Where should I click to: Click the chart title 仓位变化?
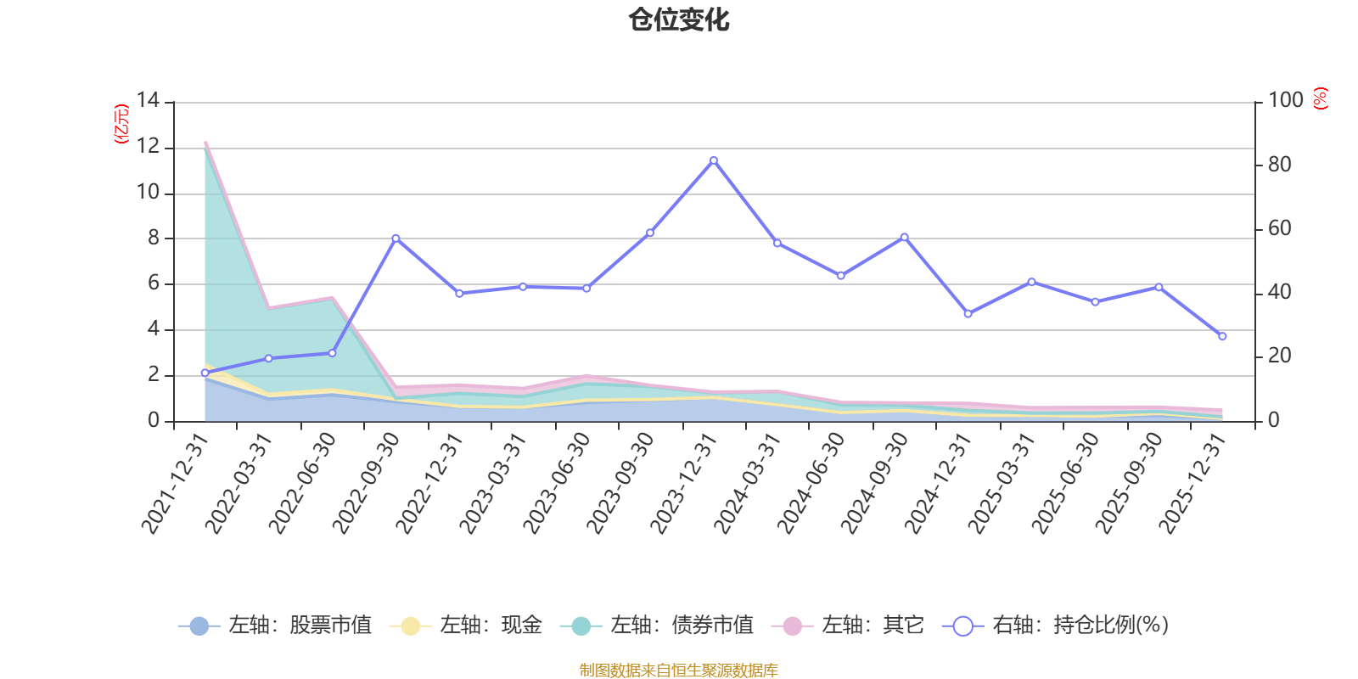(678, 20)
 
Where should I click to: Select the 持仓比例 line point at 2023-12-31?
(714, 160)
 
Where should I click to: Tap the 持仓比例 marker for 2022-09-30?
(396, 238)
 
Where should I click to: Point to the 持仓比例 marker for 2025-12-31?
(1222, 336)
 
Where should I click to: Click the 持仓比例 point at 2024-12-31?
(968, 313)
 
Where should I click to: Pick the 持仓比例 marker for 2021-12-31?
(205, 373)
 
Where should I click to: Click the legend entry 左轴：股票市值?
(275, 625)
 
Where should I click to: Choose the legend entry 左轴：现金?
(466, 625)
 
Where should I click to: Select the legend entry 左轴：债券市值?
(657, 625)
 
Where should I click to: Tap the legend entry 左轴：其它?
(848, 625)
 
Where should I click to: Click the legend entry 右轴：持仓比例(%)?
(1056, 625)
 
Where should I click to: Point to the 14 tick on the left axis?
(148, 100)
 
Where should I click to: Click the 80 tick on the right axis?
(1280, 165)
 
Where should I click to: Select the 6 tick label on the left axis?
(153, 283)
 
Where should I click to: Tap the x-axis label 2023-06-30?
(557, 483)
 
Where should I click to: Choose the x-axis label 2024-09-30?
(874, 483)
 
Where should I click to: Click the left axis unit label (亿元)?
(121, 124)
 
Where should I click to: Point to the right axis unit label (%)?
(1321, 98)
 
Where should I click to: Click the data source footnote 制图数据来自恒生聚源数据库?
(678, 670)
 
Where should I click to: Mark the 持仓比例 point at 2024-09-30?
(905, 237)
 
